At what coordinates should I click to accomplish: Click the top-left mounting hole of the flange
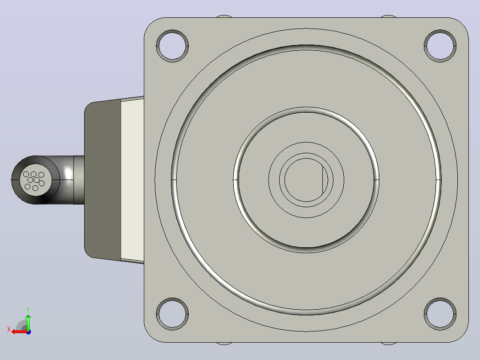(x=172, y=46)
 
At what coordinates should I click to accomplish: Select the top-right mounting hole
(x=440, y=46)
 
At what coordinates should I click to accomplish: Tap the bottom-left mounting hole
(x=172, y=314)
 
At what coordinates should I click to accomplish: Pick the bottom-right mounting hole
(x=440, y=314)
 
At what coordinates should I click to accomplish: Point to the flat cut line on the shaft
(x=323, y=180)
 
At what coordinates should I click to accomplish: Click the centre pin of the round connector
(x=37, y=180)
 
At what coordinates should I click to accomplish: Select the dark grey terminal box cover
(x=102, y=180)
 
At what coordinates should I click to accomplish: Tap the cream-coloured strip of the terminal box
(x=132, y=180)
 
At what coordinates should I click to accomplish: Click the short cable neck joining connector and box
(x=79, y=180)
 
